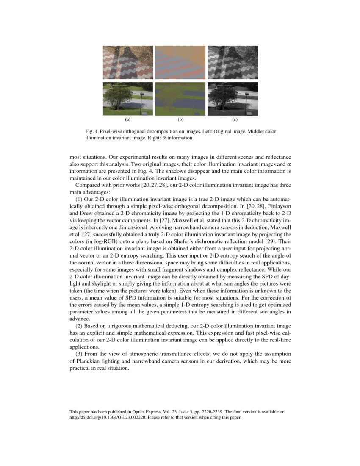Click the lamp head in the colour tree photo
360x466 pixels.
pyautogui.click(x=143, y=93)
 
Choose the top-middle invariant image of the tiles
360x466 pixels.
pyautogui.click(x=180, y=62)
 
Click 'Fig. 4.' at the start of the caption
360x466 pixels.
pyautogui.click(x=92, y=132)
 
